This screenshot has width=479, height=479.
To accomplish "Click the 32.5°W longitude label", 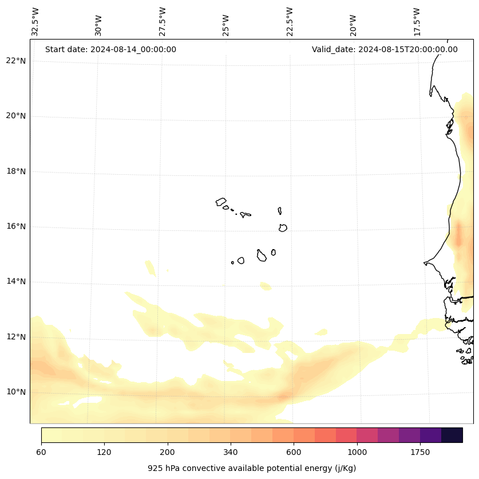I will click(x=35, y=22).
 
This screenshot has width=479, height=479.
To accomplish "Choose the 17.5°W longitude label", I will click(x=417, y=22).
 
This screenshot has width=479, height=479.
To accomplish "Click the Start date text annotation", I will click(x=110, y=49).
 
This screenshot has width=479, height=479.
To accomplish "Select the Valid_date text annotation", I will click(x=385, y=49).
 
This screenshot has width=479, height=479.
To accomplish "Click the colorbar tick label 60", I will click(x=41, y=453).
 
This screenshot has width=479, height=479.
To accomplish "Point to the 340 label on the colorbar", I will click(x=231, y=453).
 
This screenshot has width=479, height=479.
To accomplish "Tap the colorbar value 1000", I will click(x=357, y=453).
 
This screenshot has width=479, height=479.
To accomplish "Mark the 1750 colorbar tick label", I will click(x=420, y=453).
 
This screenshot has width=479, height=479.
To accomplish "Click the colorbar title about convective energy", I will click(x=252, y=468).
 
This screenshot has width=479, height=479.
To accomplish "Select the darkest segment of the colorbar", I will click(x=452, y=435).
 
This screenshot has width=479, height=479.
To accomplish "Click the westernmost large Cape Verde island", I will click(x=221, y=202).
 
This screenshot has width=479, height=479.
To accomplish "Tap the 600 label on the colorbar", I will click(x=294, y=453).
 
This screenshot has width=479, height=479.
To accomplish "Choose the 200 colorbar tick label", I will click(x=168, y=453).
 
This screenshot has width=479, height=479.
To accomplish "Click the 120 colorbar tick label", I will click(x=104, y=453).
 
